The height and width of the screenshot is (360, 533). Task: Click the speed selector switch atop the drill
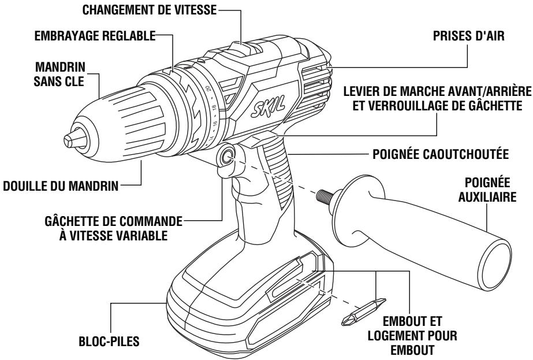(x=239, y=45)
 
